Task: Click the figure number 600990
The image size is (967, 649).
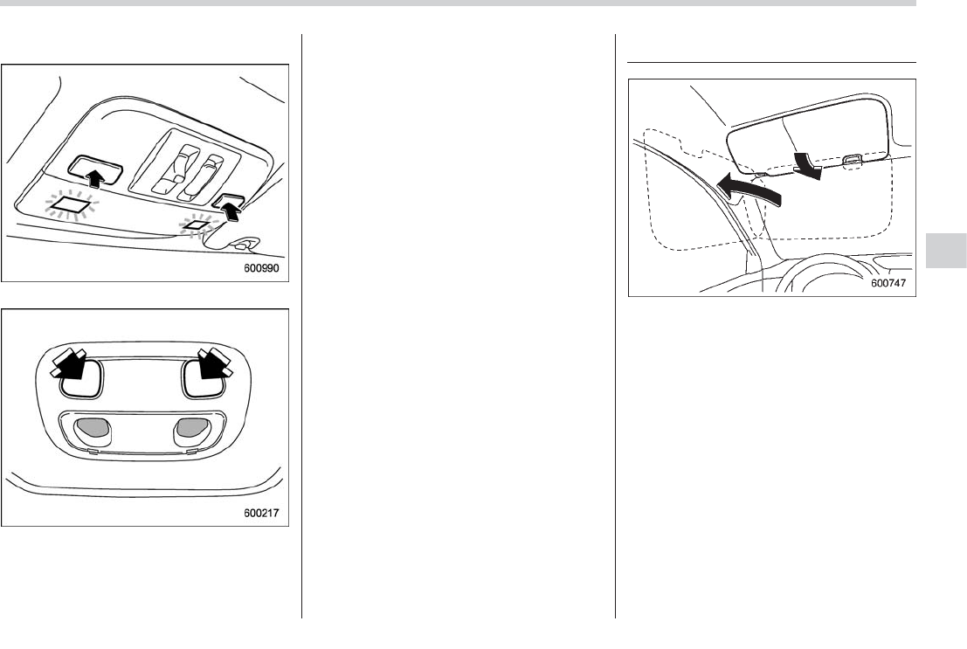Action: [261, 268]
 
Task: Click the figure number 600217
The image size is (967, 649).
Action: [261, 513]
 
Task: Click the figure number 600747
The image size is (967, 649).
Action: [888, 283]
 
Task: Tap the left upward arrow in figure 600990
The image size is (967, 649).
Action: [93, 178]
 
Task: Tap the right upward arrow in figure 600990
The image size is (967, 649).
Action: [231, 211]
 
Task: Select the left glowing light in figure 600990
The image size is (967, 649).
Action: [72, 204]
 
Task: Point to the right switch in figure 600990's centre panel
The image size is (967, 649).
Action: [202, 177]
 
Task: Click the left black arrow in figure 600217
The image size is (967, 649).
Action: [68, 363]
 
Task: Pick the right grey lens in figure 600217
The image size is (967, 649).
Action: [192, 427]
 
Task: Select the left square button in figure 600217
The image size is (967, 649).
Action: [81, 378]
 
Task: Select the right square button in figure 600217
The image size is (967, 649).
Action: [204, 378]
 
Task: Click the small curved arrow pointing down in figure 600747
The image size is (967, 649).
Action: [807, 165]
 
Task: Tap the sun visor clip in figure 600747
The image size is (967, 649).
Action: [853, 160]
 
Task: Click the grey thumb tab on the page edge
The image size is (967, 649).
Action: [946, 250]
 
